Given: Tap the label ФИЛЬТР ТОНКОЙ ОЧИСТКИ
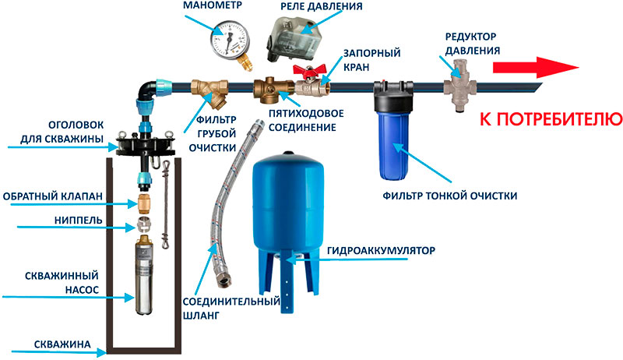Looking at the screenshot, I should [451, 196].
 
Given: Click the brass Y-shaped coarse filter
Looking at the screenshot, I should [211, 94].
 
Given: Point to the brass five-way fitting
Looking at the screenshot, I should [273, 88].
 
